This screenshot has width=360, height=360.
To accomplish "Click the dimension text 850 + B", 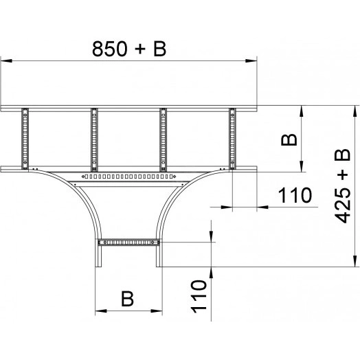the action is point(129,49).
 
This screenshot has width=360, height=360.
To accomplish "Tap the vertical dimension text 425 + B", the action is point(342,186).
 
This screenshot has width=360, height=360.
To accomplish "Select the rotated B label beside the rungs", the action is point(289,140).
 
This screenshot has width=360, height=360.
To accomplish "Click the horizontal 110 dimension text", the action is point(295,195).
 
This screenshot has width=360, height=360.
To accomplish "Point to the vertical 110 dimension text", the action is point(199,296).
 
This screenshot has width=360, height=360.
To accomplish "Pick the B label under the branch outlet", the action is point(127,299).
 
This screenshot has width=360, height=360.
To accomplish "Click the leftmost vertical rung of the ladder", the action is point(25,139).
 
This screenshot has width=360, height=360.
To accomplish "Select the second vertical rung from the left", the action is point(94,139).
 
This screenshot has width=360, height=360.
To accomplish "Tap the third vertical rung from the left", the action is point(163,139).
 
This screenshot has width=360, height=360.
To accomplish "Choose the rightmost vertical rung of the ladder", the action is point(232,139).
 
